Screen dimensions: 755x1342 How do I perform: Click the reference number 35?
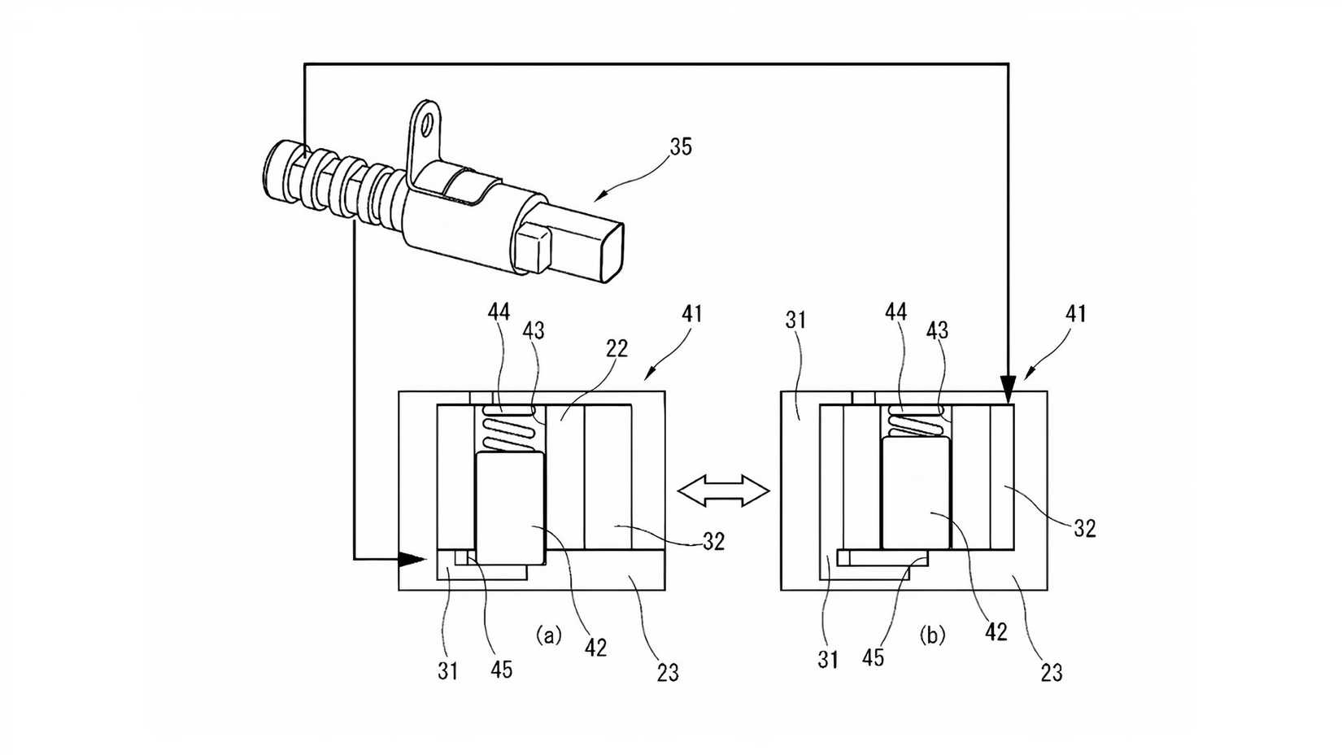click(681, 146)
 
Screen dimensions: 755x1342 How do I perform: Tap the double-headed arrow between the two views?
click(723, 491)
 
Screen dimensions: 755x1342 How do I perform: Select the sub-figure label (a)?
click(548, 635)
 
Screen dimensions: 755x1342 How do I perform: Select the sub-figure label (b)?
click(932, 635)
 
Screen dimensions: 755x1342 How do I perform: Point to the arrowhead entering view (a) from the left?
click(413, 559)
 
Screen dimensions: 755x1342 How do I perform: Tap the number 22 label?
click(617, 348)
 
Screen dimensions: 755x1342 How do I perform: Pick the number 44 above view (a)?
click(499, 312)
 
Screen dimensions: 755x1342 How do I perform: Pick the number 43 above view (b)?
click(937, 329)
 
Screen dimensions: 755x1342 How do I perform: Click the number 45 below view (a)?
click(501, 669)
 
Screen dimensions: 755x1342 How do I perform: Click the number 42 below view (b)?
click(996, 632)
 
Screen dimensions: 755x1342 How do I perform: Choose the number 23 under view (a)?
click(667, 672)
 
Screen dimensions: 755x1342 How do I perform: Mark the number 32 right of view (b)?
click(1084, 529)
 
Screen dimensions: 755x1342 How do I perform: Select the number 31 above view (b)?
click(795, 320)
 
